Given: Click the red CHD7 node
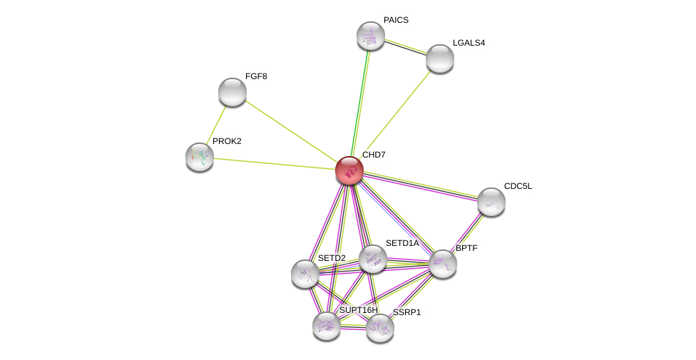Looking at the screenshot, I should (349, 170).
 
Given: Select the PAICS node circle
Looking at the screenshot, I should (371, 36).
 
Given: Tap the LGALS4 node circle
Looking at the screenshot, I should (440, 58).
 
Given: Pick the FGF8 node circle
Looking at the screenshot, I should (232, 92).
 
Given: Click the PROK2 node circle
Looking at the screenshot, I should (200, 157).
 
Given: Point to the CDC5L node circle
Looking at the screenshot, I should (491, 202).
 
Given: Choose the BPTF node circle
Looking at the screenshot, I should (443, 264).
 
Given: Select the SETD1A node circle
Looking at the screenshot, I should (373, 259).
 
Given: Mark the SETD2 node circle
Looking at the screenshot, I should (305, 274).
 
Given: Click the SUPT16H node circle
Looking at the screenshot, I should (327, 326).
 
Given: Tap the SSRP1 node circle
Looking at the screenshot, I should (380, 328).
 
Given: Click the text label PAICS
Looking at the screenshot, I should (396, 20).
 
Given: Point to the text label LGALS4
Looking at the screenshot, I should (469, 43).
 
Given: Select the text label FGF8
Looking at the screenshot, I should (255, 76).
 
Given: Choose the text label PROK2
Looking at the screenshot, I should (227, 141).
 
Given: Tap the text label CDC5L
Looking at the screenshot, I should (518, 186).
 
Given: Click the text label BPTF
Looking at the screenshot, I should (466, 248).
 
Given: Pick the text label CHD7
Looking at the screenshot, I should (374, 155).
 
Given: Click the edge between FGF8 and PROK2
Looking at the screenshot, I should (216, 124).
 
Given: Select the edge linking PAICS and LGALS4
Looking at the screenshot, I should (405, 47).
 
